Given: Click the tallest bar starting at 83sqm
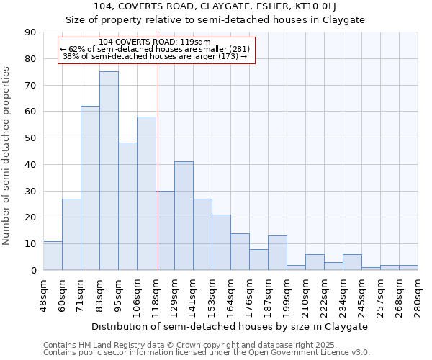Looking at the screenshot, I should click(109, 171).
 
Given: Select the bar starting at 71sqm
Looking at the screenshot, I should click(90, 188).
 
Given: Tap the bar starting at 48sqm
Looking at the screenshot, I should click(53, 256).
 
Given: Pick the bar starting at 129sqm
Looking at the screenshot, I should click(184, 216).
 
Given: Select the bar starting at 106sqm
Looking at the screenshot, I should click(146, 193).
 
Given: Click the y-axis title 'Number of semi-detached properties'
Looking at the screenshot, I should click(7, 156).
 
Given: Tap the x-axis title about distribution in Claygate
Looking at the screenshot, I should click(230, 326).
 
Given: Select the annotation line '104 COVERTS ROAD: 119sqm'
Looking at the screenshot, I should click(155, 42).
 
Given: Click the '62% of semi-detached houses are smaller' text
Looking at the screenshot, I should click(155, 49).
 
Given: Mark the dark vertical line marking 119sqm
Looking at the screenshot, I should click(158, 166).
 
